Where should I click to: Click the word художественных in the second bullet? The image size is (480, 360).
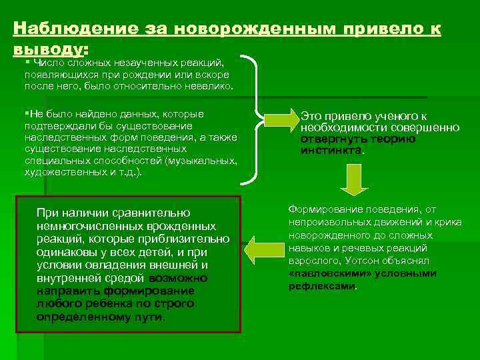click(x=63, y=172)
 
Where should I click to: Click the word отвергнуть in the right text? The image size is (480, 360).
click(x=328, y=139)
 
